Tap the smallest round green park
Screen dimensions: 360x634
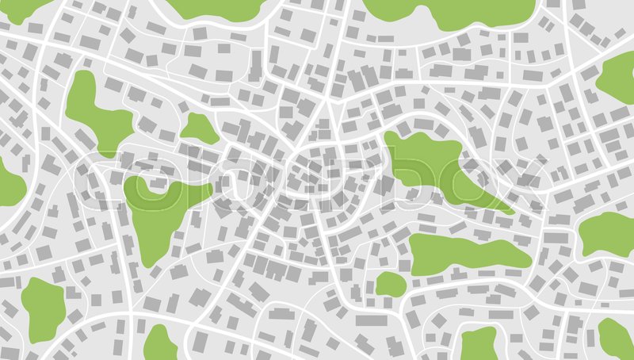click(390, 284)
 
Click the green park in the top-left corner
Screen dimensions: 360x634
click(20, 8)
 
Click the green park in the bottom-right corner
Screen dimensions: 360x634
click(617, 337)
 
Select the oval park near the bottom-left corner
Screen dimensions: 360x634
click(42, 308)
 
